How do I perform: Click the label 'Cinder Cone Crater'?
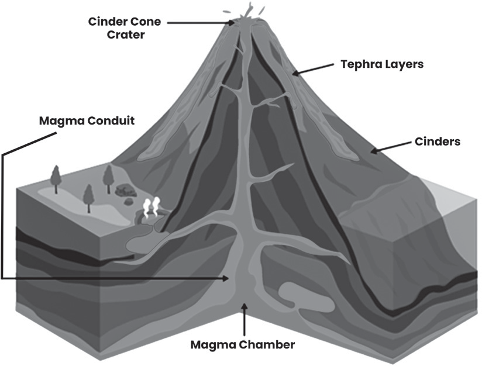125,28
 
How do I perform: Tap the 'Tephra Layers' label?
382,64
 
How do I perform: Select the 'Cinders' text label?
438,141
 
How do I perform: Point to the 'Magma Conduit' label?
87,120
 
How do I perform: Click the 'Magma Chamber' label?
243,344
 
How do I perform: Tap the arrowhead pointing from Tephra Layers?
295,73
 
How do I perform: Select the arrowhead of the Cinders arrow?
374,151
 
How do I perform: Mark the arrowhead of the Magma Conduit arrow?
226,278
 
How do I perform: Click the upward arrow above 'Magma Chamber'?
245,319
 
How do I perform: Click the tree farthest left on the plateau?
56,179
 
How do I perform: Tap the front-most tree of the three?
89,199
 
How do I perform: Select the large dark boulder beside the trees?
126,191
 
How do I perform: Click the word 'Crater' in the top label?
126,34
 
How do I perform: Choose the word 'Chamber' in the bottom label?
267,344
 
